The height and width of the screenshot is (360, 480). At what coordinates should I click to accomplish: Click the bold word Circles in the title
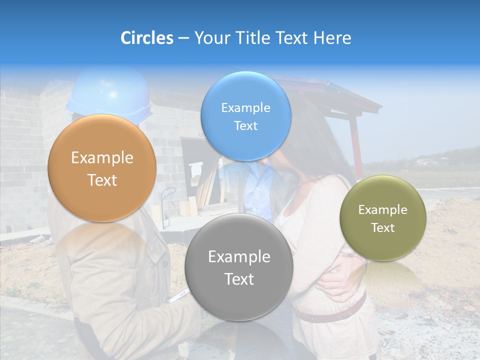[147, 38]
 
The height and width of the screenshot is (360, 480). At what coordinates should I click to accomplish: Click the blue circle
[245, 116]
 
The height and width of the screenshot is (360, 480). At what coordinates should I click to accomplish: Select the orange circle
[102, 168]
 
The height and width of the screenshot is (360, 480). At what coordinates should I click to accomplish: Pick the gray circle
[238, 267]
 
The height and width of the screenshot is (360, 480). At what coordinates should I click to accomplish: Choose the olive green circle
[382, 218]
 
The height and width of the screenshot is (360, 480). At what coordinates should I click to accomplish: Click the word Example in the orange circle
[102, 158]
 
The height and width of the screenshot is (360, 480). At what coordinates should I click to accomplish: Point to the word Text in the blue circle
[245, 126]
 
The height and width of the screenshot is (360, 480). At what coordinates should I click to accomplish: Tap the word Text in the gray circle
[239, 279]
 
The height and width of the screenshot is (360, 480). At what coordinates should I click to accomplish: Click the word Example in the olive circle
[382, 209]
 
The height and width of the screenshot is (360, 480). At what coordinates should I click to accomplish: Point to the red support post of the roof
[356, 145]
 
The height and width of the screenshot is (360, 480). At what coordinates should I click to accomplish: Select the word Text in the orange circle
[102, 180]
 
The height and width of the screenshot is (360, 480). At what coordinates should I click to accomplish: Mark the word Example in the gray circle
[239, 257]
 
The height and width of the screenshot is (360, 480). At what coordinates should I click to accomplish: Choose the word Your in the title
[210, 38]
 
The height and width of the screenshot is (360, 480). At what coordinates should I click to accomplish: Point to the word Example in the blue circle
[245, 107]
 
